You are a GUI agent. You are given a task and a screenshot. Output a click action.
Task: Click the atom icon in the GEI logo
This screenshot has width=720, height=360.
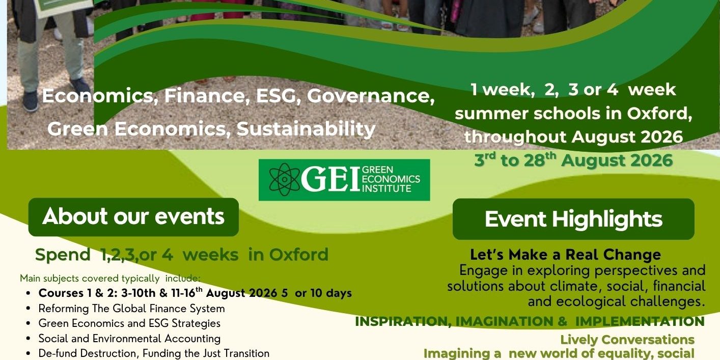click(x=284, y=179)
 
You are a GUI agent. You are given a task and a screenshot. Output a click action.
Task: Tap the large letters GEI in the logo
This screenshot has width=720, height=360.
click(x=330, y=179)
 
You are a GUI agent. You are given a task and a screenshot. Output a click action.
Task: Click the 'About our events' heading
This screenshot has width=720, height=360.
click(x=133, y=216)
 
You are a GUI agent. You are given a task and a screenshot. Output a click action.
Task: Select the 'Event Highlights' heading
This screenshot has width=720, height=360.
click(x=573, y=219)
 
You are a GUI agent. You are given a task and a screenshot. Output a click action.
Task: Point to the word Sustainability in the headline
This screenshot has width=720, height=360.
click(x=306, y=129)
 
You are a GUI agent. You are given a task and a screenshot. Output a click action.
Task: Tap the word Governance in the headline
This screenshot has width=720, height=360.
click(x=371, y=96)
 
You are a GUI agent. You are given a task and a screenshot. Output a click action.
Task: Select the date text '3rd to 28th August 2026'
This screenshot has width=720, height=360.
click(x=573, y=160)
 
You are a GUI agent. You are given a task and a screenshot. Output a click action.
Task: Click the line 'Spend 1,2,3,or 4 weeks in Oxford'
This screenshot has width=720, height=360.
click(x=182, y=255)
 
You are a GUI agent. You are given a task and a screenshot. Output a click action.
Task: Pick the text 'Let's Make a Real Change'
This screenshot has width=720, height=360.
click(x=565, y=255)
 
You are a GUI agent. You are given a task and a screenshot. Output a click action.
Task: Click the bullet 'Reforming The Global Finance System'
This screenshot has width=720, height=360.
click(x=131, y=309)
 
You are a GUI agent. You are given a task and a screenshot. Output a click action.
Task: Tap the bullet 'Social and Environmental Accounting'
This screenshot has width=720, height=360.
click(x=129, y=339)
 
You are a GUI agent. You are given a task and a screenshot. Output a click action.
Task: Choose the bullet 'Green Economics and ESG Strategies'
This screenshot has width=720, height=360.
click(x=129, y=323)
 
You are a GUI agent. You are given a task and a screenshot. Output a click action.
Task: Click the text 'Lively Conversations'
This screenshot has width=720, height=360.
click(x=627, y=340)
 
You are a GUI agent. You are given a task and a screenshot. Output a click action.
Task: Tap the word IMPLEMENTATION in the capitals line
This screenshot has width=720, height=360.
click(x=640, y=321)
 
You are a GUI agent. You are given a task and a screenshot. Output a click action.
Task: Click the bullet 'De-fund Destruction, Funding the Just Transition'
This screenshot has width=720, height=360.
click(x=154, y=353)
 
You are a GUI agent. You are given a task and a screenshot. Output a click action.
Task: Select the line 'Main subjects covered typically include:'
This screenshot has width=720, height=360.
click(x=110, y=278)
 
